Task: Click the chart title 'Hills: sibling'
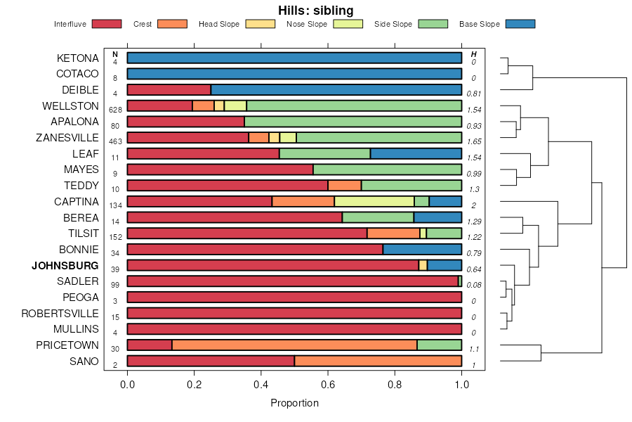(x=315, y=10)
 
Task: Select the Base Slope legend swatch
(x=520, y=24)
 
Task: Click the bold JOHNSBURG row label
(x=65, y=265)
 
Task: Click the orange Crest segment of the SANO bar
(x=378, y=361)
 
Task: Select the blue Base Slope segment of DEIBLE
(x=336, y=89)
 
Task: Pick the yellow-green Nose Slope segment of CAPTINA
(x=374, y=201)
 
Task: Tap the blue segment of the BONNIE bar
(x=422, y=249)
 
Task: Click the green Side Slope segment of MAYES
(x=387, y=170)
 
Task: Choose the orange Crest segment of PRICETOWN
(x=294, y=345)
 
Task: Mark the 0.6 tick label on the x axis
(x=328, y=383)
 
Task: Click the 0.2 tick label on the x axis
(x=195, y=383)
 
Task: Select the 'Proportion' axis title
(x=294, y=403)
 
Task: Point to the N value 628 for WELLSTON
(x=116, y=110)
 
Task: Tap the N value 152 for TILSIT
(x=116, y=237)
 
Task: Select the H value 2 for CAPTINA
(x=473, y=205)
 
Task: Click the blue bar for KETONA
(x=294, y=58)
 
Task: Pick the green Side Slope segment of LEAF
(x=324, y=153)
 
